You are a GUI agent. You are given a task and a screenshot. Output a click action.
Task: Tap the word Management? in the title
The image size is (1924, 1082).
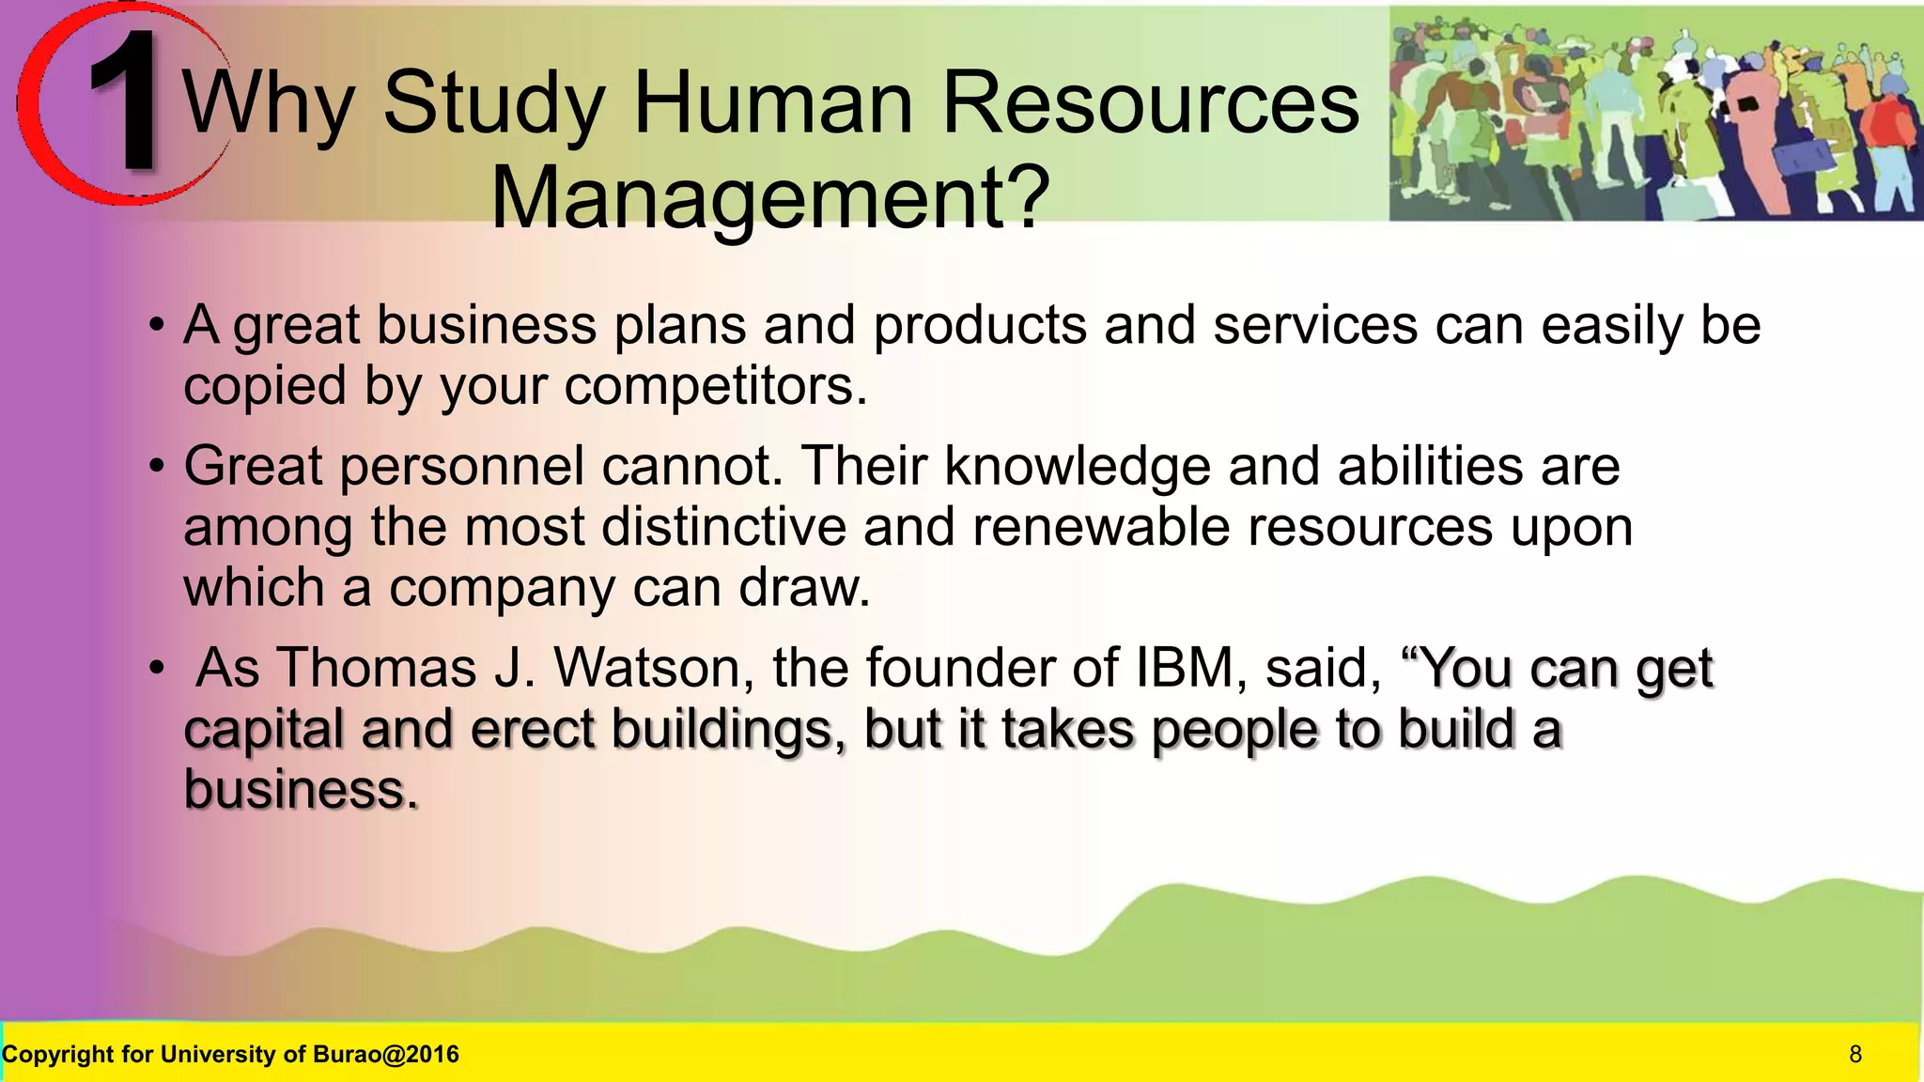pyautogui.click(x=769, y=197)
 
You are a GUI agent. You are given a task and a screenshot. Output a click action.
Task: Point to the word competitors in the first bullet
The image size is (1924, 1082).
pyautogui.click(x=715, y=386)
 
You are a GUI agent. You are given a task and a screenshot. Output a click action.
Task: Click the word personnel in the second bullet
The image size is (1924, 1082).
pyautogui.click(x=461, y=466)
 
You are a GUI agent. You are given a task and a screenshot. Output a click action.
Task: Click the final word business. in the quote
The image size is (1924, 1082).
pyautogui.click(x=301, y=790)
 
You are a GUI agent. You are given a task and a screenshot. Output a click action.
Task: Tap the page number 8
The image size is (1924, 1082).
pyautogui.click(x=1854, y=1055)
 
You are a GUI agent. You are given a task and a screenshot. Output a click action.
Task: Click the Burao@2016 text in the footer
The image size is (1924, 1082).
pyautogui.click(x=385, y=1055)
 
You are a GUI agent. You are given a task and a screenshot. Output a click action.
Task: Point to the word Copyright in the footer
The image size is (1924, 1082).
pyautogui.click(x=58, y=1055)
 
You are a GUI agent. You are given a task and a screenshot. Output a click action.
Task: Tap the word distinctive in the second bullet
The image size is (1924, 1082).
pyautogui.click(x=723, y=527)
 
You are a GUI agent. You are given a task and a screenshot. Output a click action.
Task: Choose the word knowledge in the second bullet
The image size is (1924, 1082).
pyautogui.click(x=1077, y=466)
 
